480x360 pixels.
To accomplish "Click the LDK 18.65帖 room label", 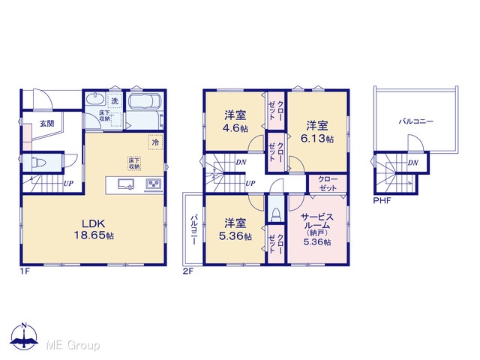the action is pos(94,229).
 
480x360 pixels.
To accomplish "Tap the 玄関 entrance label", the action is pos(46,124).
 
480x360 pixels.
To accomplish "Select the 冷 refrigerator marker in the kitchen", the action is pos(155,142).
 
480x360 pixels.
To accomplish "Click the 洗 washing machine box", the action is pos(115,101).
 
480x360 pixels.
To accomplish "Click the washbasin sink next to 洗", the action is pos(95,100).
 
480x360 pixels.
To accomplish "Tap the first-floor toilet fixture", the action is pos(38,161).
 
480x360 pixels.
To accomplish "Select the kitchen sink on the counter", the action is pos(126,184).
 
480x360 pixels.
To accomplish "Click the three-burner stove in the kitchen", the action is pos(153,184).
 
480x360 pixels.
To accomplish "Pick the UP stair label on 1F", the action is pos(68,183).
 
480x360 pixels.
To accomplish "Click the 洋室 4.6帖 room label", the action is pos(235,121).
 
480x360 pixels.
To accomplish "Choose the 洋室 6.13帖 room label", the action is pos(317,132).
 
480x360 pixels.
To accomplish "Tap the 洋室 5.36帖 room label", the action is pos(235,229).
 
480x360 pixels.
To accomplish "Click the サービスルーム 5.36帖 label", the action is pos(317,229).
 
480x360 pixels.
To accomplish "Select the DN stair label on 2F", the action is pos(241,162).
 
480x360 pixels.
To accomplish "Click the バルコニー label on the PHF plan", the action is pos(415,121).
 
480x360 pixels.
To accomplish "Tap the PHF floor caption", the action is pos(382,201).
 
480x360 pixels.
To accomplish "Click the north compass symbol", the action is pos(24,336).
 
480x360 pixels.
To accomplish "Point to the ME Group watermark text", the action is pos(73,346).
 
